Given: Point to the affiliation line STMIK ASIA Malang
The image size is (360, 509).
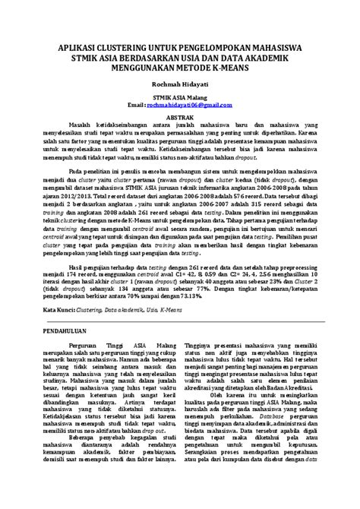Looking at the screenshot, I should click(180, 98).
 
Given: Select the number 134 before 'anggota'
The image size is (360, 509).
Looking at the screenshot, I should click(112, 288).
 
